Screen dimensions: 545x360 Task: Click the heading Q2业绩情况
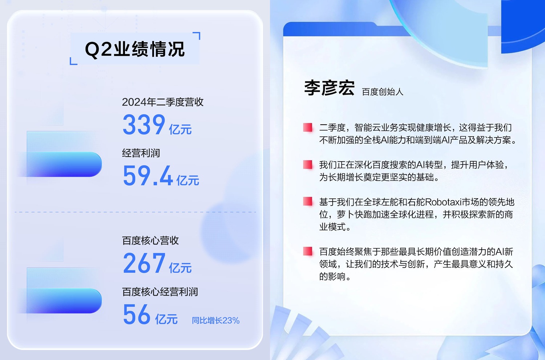[135, 49]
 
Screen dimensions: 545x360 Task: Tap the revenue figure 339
[144, 124]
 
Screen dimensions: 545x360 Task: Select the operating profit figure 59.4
[148, 176]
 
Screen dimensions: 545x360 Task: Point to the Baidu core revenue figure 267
[144, 263]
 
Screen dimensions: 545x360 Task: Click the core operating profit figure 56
[137, 314]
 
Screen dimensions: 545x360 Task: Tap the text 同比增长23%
[215, 320]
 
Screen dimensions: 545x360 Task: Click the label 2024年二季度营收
[162, 102]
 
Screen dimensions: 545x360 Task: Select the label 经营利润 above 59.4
[141, 153]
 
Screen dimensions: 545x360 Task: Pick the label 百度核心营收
[150, 241]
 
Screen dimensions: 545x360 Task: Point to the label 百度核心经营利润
[160, 292]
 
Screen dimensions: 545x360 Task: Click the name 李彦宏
[329, 88]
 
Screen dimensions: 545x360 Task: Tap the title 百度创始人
[383, 92]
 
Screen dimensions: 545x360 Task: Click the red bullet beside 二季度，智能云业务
[308, 127]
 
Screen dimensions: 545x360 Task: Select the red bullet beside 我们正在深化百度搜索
[308, 165]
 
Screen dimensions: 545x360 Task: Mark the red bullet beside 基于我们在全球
[308, 202]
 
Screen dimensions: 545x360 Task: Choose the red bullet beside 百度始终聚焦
[308, 251]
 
